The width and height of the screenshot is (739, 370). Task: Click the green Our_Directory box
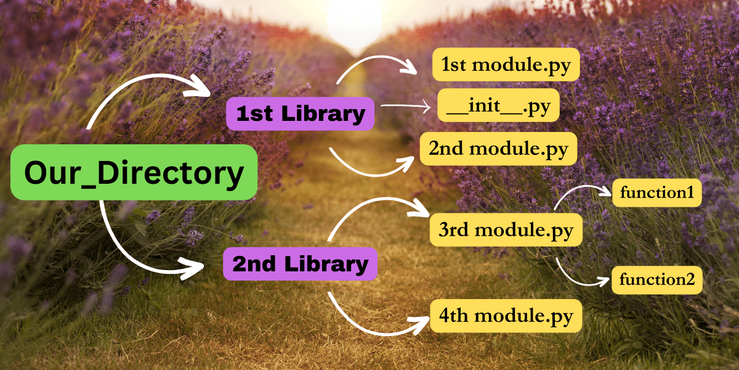coord(134,173)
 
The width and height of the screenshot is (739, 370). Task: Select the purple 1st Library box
coord(300,113)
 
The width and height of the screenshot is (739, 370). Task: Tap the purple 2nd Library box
coord(300,265)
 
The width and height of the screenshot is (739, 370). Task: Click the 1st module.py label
coord(506,65)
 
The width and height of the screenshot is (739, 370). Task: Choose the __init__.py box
coord(498,107)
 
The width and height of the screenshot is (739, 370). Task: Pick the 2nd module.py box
coord(498,149)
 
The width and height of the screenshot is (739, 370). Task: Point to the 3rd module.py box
coord(506,230)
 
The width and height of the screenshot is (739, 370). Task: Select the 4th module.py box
coord(506,316)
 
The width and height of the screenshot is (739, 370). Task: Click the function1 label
coord(656,193)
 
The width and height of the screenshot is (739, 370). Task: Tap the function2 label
coord(656,280)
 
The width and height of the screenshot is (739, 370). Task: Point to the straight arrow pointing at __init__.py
coord(406,107)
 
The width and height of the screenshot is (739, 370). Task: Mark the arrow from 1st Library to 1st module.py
coord(376,62)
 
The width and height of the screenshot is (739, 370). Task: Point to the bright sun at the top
coord(355,22)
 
